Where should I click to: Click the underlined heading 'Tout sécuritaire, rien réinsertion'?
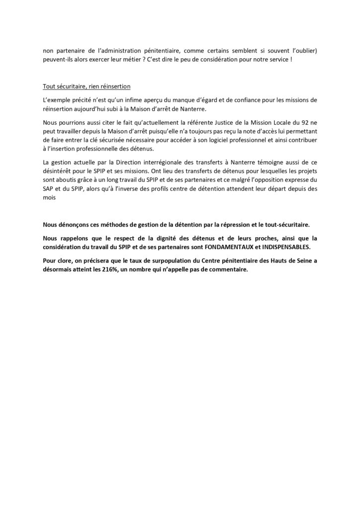[x=87, y=86]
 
